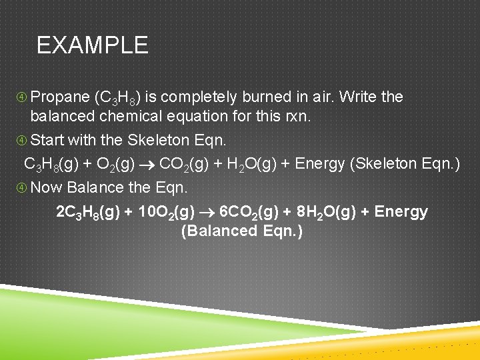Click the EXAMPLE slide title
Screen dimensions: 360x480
pyautogui.click(x=92, y=45)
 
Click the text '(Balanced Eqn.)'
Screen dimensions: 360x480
pyautogui.click(x=242, y=231)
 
